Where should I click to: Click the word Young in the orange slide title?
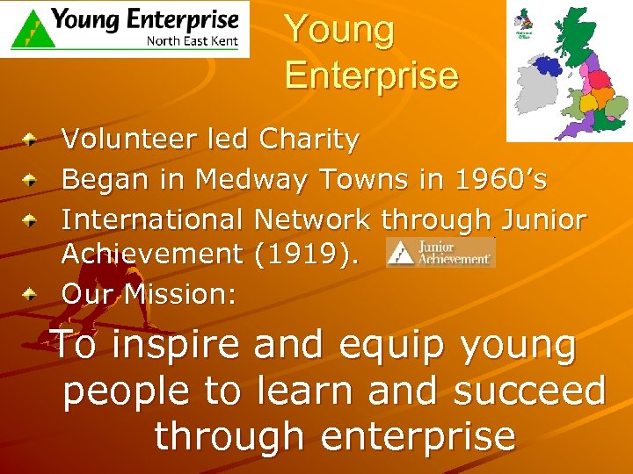pos(339,30)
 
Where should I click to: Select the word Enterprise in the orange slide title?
pos(371,75)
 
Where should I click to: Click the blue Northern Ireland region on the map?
pos(549,65)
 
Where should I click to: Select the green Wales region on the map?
pos(571,103)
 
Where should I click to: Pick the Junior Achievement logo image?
pos(440,252)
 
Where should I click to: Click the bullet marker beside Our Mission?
pos(31,294)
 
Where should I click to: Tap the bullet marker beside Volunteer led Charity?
pos(31,139)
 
